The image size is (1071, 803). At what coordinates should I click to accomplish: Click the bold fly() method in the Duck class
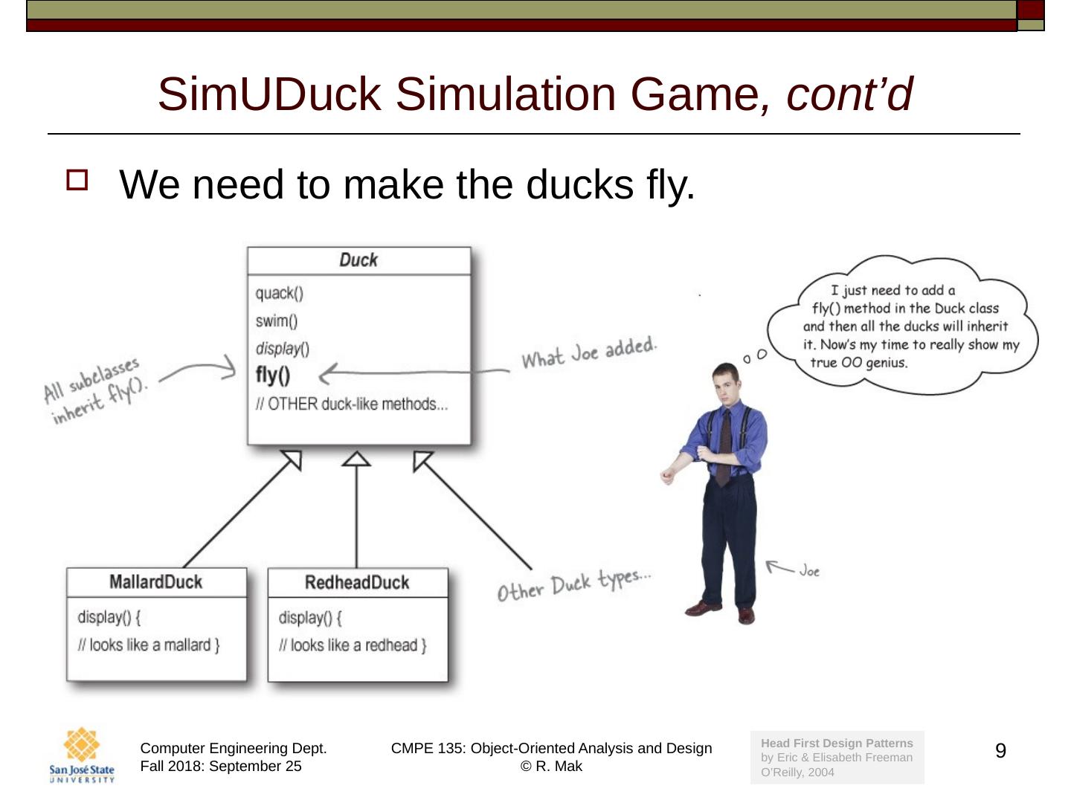(273, 375)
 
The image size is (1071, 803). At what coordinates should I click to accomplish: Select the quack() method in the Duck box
(280, 293)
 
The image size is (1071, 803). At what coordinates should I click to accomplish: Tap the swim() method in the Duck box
(277, 321)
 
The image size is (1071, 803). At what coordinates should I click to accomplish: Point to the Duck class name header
(358, 260)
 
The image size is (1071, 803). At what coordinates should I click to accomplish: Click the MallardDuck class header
(155, 582)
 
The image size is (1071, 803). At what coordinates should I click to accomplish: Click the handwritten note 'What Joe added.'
(589, 352)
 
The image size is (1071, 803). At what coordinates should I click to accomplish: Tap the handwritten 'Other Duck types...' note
(574, 584)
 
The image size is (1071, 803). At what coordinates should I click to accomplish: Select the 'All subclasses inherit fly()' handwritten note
(95, 390)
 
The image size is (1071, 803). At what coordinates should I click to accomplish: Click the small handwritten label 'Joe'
(809, 571)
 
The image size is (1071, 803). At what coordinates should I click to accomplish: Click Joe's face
(725, 384)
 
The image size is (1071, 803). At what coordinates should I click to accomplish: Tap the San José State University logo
(82, 755)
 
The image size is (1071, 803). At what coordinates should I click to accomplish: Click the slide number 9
(1000, 751)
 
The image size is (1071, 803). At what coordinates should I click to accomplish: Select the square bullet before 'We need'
(77, 180)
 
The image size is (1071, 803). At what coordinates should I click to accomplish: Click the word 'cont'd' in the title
(849, 94)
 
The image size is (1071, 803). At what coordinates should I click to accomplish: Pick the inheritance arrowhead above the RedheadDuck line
(356, 459)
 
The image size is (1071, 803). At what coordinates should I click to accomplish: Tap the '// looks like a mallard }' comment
(149, 645)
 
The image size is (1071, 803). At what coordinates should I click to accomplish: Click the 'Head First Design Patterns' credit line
(837, 743)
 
